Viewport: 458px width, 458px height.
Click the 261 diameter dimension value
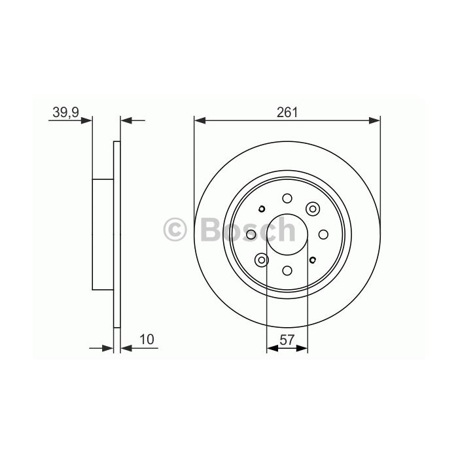click(x=287, y=113)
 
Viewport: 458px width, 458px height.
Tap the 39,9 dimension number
click(x=65, y=113)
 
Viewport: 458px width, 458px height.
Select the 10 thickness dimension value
click(x=147, y=340)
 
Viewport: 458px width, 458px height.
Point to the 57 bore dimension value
click(x=287, y=340)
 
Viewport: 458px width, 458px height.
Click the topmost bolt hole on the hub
click(x=287, y=198)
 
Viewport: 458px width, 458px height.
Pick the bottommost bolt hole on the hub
click(x=287, y=270)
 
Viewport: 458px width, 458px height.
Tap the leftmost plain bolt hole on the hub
click(x=251, y=234)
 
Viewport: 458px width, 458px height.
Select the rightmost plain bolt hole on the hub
click(x=323, y=234)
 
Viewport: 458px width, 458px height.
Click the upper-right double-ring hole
click(x=313, y=209)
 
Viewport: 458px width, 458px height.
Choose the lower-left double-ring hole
click(x=262, y=260)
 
